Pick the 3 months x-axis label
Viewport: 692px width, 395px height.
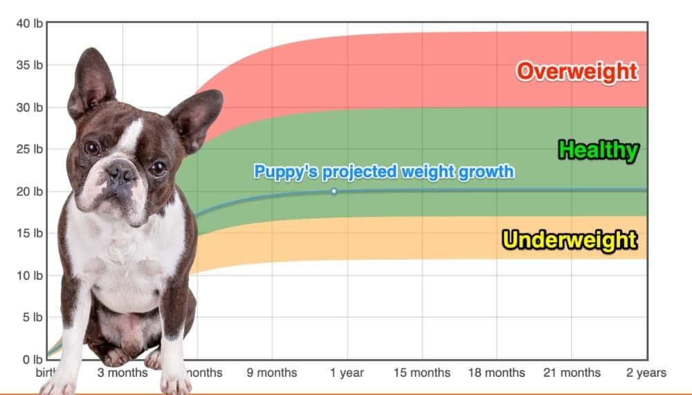coord(122,373)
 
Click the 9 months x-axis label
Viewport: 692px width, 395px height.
coord(272,373)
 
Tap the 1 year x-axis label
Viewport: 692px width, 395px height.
coord(347,373)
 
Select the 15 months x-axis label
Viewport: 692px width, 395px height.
coord(421,373)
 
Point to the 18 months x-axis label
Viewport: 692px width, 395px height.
coord(496,373)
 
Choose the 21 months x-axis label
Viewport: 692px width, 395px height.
coord(571,373)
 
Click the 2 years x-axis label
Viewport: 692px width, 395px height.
coord(646,373)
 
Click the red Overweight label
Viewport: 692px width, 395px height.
coord(576,71)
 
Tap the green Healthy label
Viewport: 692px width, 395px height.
coord(598,150)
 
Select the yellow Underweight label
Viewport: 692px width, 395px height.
coord(570,240)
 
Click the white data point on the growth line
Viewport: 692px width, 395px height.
coord(334,191)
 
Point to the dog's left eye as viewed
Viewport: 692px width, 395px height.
coord(91,148)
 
